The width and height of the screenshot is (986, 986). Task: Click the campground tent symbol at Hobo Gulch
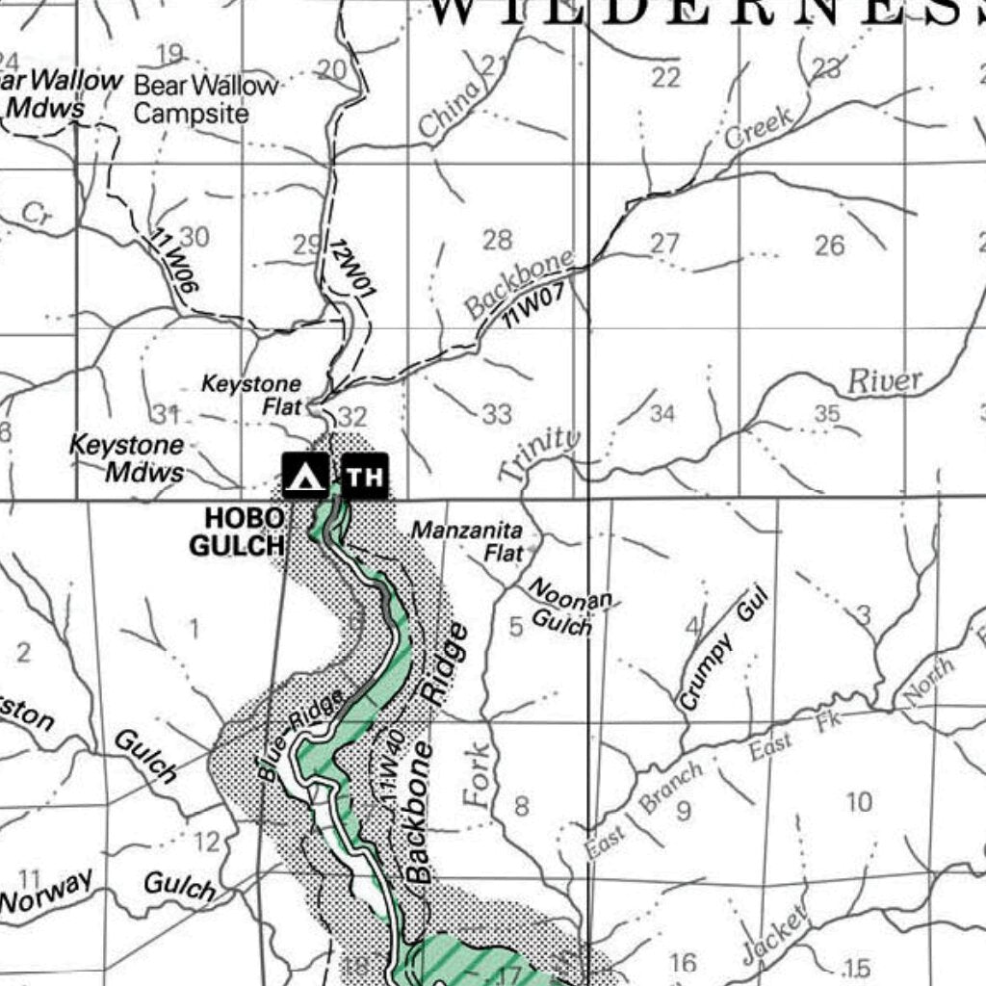tap(305, 476)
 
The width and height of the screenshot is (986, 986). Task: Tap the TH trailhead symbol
tap(365, 476)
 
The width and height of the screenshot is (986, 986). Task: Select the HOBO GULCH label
tap(237, 532)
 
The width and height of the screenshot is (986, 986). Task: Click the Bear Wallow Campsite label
tap(205, 99)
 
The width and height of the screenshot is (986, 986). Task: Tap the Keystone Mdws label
tap(128, 458)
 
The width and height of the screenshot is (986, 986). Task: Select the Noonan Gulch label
tap(568, 609)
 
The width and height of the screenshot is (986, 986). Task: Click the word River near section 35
tap(884, 381)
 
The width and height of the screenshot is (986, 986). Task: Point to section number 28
tap(497, 240)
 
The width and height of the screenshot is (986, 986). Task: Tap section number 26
tap(829, 246)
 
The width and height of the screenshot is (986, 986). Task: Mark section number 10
tap(858, 801)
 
